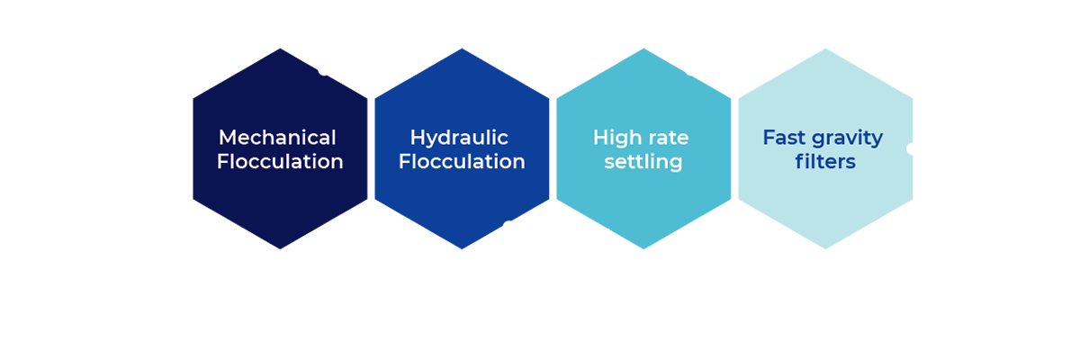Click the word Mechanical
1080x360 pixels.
tap(278, 138)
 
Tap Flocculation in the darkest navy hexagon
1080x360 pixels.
tap(280, 162)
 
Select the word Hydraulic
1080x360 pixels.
tap(459, 138)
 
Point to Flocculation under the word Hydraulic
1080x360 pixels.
tap(462, 162)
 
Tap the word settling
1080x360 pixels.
tap(643, 162)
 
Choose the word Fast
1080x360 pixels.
tap(783, 138)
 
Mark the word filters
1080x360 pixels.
tap(824, 162)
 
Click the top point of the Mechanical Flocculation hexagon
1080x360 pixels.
tap(280, 49)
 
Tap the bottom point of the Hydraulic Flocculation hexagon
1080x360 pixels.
tap(462, 248)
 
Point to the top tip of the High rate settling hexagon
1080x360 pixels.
tap(643, 49)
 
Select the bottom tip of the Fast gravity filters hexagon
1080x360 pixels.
tap(825, 248)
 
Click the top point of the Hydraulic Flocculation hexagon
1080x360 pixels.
tap(462, 49)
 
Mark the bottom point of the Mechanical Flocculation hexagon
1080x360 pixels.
tap(280, 248)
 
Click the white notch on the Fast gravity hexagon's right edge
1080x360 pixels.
tap(911, 148)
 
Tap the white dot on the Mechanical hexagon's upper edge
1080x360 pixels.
tap(323, 70)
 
